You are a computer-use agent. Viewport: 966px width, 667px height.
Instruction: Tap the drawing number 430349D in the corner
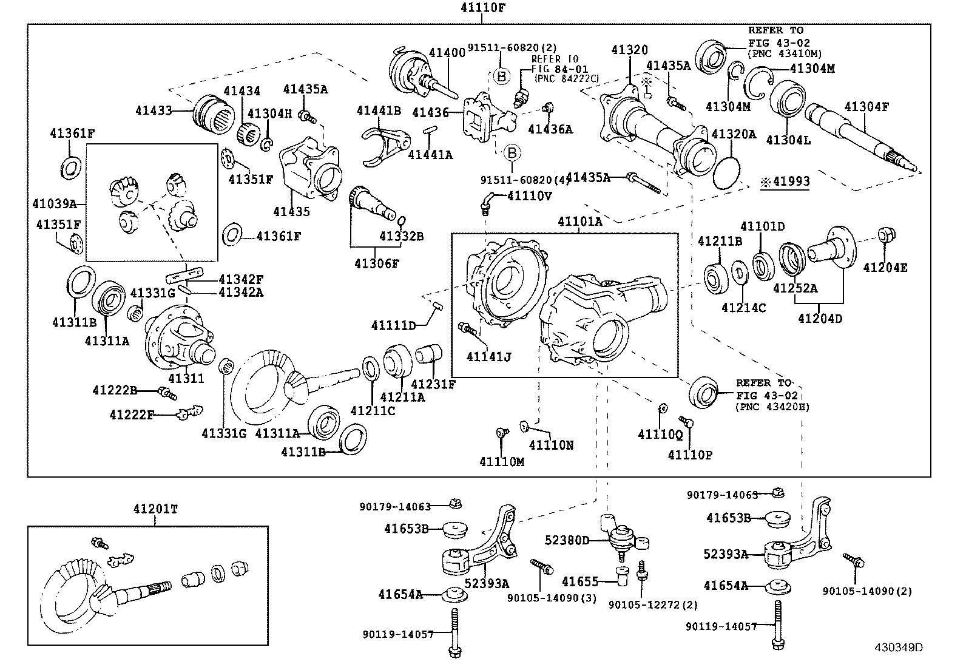point(898,647)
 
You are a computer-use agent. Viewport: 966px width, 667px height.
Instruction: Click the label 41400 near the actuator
point(447,53)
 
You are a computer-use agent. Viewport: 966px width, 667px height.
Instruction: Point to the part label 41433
point(154,110)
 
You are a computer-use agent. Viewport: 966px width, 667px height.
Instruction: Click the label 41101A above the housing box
point(579,222)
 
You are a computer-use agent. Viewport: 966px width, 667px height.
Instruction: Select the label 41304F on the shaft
point(866,107)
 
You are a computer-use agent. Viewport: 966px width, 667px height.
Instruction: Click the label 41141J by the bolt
point(488,357)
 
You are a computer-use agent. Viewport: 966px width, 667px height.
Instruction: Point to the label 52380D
point(567,540)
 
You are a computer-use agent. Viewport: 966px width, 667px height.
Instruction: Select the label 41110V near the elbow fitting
point(529,195)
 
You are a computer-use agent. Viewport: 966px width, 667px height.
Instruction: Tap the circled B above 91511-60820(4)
point(512,152)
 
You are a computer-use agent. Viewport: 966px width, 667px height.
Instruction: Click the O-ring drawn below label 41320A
point(726,174)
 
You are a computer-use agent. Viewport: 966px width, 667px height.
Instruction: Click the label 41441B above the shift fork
point(379,110)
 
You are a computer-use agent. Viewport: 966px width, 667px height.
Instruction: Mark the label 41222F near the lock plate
point(132,415)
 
